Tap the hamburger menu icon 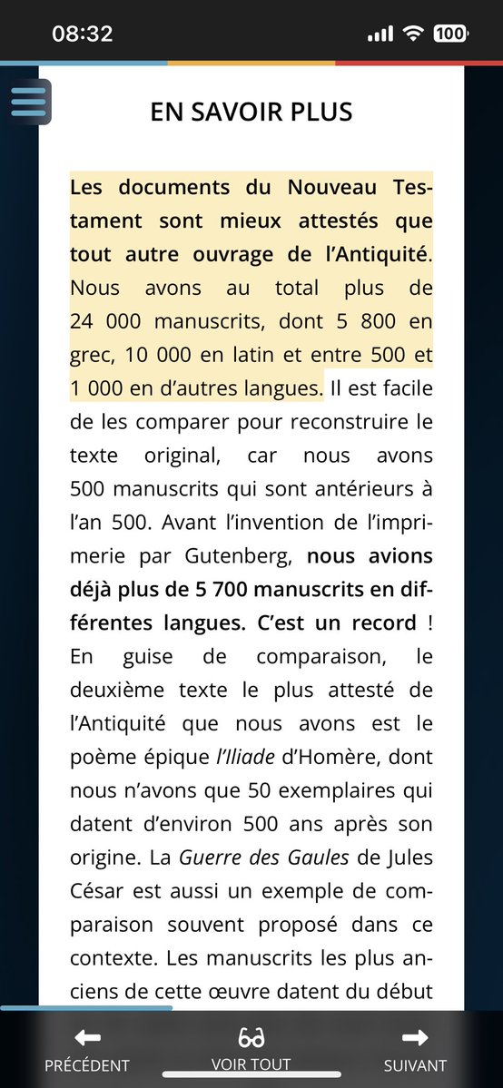[x=29, y=101]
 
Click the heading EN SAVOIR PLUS [x=251, y=112]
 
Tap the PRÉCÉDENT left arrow [x=87, y=1038]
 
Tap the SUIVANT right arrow [x=415, y=1038]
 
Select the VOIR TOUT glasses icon [x=251, y=1038]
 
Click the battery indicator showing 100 [x=450, y=34]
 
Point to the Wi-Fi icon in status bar [x=413, y=34]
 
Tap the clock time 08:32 [x=83, y=34]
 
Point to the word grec [x=93, y=355]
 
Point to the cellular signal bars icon [x=380, y=34]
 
